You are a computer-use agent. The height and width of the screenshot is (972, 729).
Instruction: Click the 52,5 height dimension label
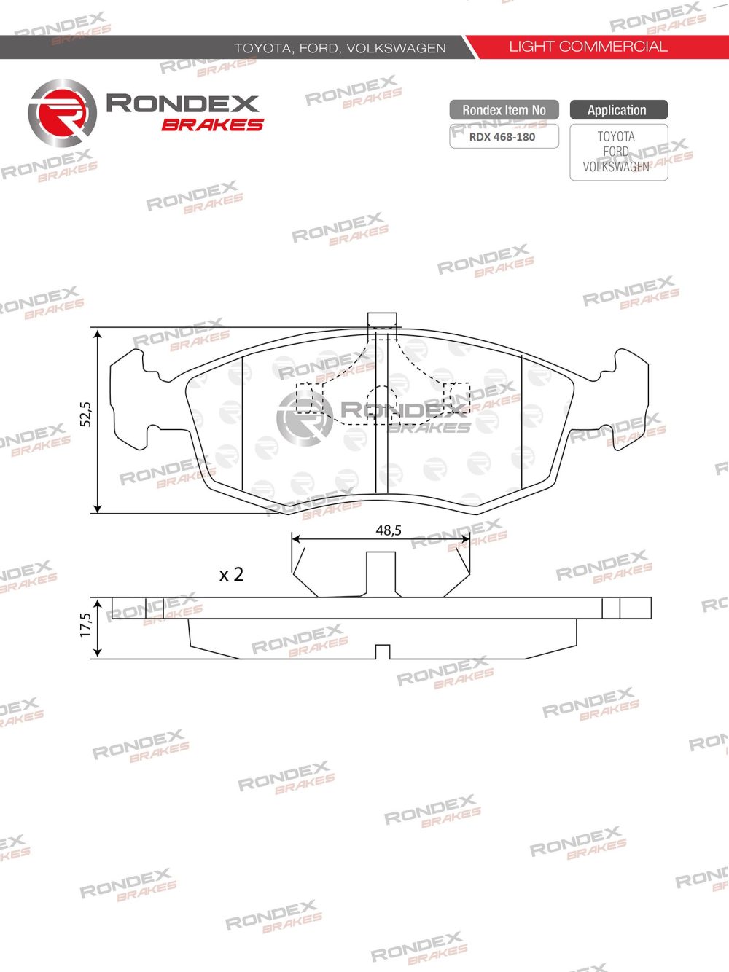pos(85,414)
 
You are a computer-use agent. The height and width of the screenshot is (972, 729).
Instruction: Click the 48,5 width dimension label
pos(389,530)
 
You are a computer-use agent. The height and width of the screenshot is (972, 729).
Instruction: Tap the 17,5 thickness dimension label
pos(85,625)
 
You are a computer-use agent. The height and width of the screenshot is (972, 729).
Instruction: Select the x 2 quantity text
pos(231,574)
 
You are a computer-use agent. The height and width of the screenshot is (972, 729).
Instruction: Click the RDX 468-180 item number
pos(502,136)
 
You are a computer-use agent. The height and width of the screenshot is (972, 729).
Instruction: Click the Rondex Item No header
pos(504,110)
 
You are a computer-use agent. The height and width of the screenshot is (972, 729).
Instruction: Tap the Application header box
pos(617,110)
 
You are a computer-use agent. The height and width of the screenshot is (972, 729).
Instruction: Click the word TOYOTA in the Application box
pos(616,136)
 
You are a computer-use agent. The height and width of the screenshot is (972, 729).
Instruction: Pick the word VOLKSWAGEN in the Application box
pos(616,167)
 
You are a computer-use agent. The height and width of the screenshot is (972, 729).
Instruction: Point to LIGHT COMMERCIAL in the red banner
pos(588,47)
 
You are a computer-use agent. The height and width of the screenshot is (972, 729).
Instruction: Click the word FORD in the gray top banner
pos(319,48)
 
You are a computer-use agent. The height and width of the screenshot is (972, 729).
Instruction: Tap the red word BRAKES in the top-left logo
pos(212,125)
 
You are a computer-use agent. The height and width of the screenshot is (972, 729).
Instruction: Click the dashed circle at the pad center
pos(381,403)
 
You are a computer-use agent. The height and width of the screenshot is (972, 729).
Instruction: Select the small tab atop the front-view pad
pos(382,319)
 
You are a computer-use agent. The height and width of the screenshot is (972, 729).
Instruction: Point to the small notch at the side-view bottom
pos(382,651)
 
